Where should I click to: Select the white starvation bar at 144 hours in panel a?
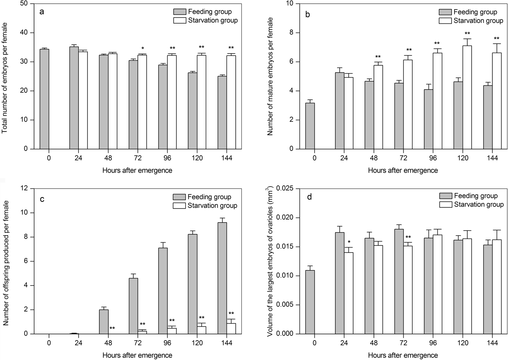(231, 102)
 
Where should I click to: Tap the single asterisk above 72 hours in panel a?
(142, 49)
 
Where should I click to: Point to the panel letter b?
(308, 15)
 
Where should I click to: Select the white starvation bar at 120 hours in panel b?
(467, 97)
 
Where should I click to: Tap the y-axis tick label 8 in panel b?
(291, 33)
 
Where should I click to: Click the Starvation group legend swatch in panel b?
(445, 21)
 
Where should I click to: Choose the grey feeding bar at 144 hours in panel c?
(222, 278)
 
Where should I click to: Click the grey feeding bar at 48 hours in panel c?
(104, 322)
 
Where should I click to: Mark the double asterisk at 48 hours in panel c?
(112, 328)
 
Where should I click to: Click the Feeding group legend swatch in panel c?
(179, 197)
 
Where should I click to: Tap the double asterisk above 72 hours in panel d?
(408, 237)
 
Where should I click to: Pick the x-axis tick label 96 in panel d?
(433, 343)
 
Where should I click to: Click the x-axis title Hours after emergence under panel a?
(137, 170)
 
